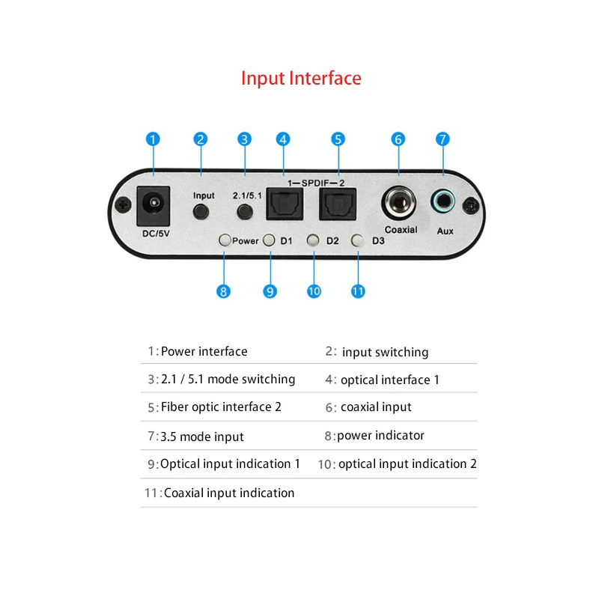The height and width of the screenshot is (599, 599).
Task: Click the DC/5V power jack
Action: coord(153,204)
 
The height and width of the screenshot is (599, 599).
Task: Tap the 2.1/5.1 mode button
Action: coord(244,212)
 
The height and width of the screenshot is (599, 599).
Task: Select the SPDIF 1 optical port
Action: coord(285,202)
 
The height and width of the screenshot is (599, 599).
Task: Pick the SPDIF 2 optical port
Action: coord(338,202)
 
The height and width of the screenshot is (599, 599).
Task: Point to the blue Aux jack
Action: coord(443,201)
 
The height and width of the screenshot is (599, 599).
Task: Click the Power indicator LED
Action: coord(224,240)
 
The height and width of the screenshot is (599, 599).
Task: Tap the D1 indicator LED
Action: coord(270,240)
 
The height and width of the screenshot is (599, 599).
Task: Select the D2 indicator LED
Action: coord(314,240)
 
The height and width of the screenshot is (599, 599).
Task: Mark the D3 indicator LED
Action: coord(358,240)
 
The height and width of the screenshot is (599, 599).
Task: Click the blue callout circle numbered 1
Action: coord(153,139)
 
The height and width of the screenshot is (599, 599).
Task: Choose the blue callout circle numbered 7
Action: coord(443,139)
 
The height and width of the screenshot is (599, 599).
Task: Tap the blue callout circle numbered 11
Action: coord(358,291)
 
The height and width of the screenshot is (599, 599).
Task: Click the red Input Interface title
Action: coord(301,78)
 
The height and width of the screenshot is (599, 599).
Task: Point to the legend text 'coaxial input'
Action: coord(376,407)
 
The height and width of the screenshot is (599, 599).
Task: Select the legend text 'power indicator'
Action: coord(380,435)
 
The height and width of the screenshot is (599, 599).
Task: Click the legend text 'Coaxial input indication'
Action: coord(229,493)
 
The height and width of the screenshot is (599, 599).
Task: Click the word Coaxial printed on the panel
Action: coord(401,230)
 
